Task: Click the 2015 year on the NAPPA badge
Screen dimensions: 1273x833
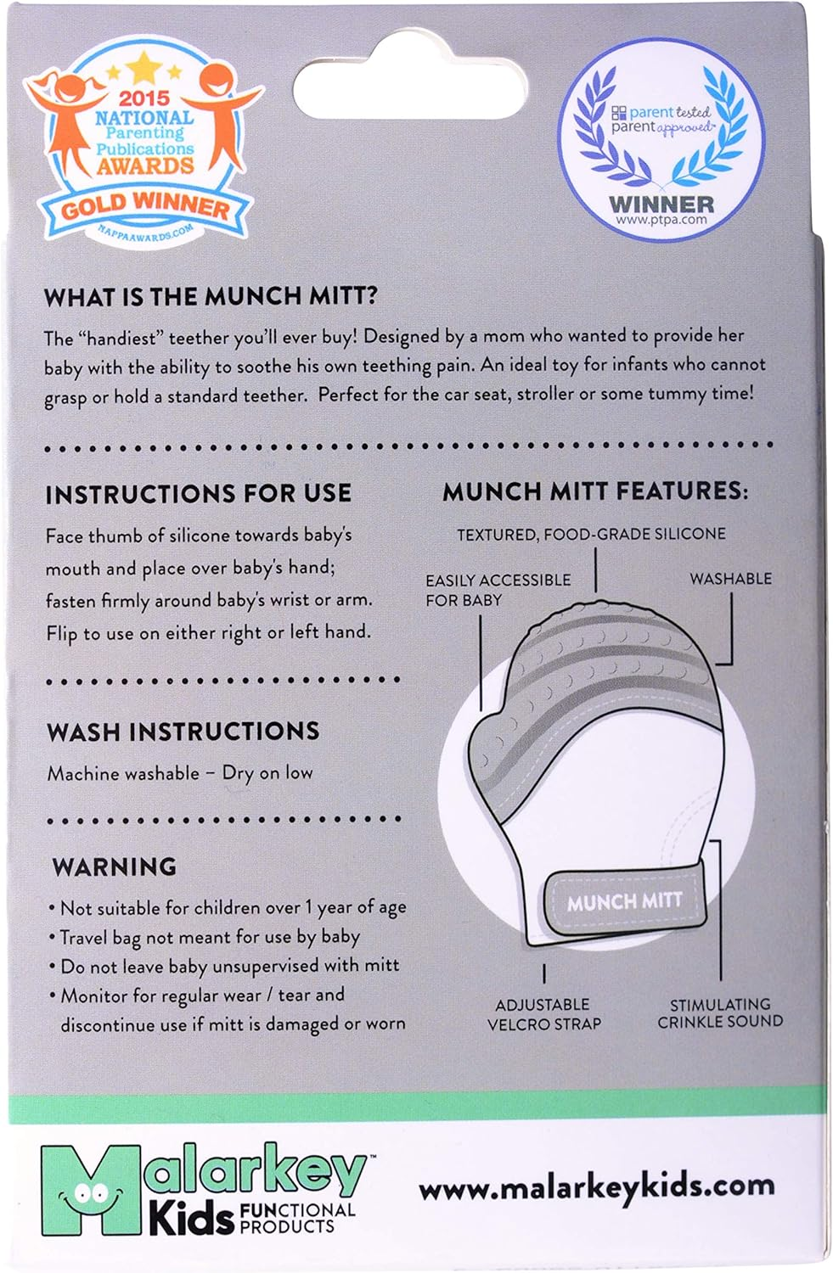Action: coord(144,98)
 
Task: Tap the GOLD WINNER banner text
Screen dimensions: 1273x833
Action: coord(144,205)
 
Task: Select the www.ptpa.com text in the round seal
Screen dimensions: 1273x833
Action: coord(661,220)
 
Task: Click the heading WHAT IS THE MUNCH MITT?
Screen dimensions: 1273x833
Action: coord(211,296)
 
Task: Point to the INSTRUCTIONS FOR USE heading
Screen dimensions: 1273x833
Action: coord(198,494)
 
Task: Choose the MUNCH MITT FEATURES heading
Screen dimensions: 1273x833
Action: coord(595,491)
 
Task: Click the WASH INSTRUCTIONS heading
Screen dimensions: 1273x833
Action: coord(183,732)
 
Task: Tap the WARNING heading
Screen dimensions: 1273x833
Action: coord(115,866)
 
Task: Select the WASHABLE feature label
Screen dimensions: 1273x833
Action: coord(730,579)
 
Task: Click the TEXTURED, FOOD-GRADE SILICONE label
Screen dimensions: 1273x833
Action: coord(591,535)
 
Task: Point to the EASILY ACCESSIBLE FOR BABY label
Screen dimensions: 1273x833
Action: coord(498,590)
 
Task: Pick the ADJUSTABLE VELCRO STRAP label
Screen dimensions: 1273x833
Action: coord(543,1014)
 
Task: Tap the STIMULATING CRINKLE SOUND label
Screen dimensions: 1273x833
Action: coord(720,1013)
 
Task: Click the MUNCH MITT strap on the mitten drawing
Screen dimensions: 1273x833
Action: coord(624,901)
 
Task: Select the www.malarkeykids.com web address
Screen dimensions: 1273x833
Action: coord(596,1186)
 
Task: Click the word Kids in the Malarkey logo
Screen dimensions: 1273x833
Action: coord(191,1220)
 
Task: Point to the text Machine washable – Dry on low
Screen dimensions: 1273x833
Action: coord(180,773)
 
